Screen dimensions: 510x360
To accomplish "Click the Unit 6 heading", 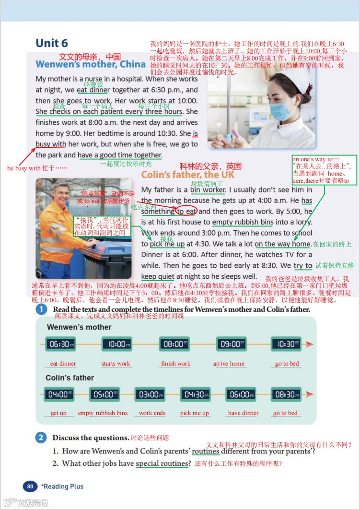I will click(x=52, y=43).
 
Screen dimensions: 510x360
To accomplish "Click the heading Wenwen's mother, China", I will click(x=91, y=64).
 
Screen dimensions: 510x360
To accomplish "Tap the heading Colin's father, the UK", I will click(x=188, y=175).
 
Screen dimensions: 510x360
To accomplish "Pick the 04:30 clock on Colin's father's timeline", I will click(x=195, y=394).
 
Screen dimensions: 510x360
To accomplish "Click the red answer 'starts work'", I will click(x=116, y=364).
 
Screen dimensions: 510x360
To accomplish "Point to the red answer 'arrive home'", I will click(x=229, y=364).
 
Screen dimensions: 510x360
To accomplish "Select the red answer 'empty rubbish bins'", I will click(x=103, y=413).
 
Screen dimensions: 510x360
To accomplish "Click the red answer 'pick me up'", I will click(x=195, y=413).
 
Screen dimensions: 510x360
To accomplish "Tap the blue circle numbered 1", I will click(x=42, y=309).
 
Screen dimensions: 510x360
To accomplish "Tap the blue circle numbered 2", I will click(x=42, y=437).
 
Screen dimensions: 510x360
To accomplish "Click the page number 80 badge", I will click(x=30, y=486).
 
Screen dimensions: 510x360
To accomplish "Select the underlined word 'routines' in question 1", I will click(x=205, y=451).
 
